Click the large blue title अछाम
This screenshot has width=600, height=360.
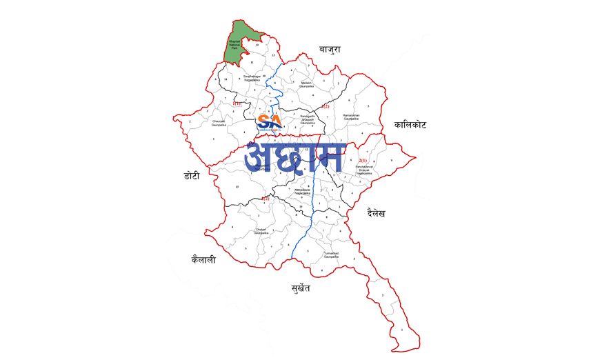pos(294,157)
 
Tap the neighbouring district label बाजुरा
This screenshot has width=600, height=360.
pos(330,50)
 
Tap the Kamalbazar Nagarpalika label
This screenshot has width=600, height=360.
pos(303,191)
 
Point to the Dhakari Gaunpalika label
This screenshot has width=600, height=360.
pos(260,231)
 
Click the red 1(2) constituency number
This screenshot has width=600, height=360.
pos(265,198)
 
